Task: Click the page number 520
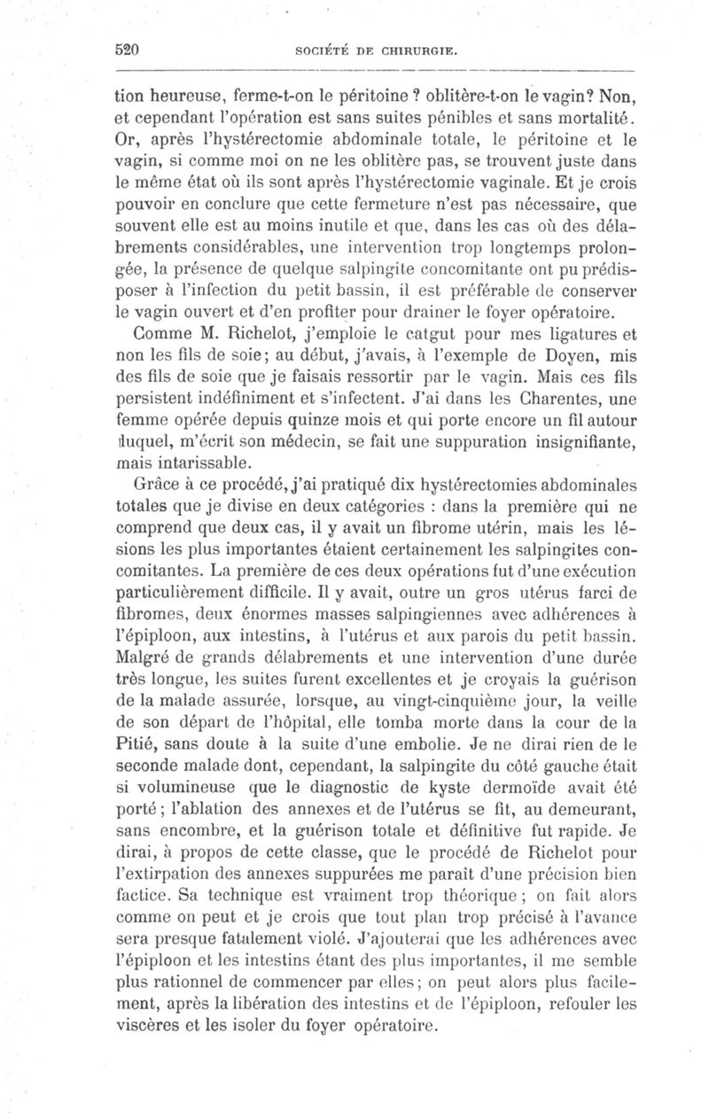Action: pyautogui.click(x=130, y=50)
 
